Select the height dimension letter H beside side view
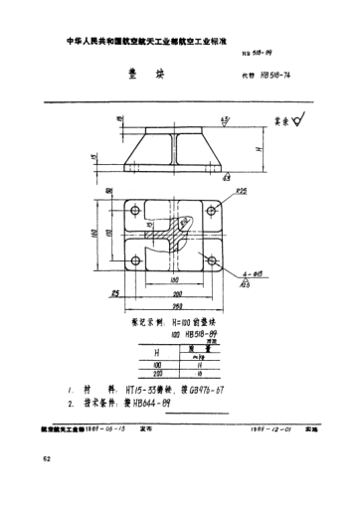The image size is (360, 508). pyautogui.click(x=261, y=148)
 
